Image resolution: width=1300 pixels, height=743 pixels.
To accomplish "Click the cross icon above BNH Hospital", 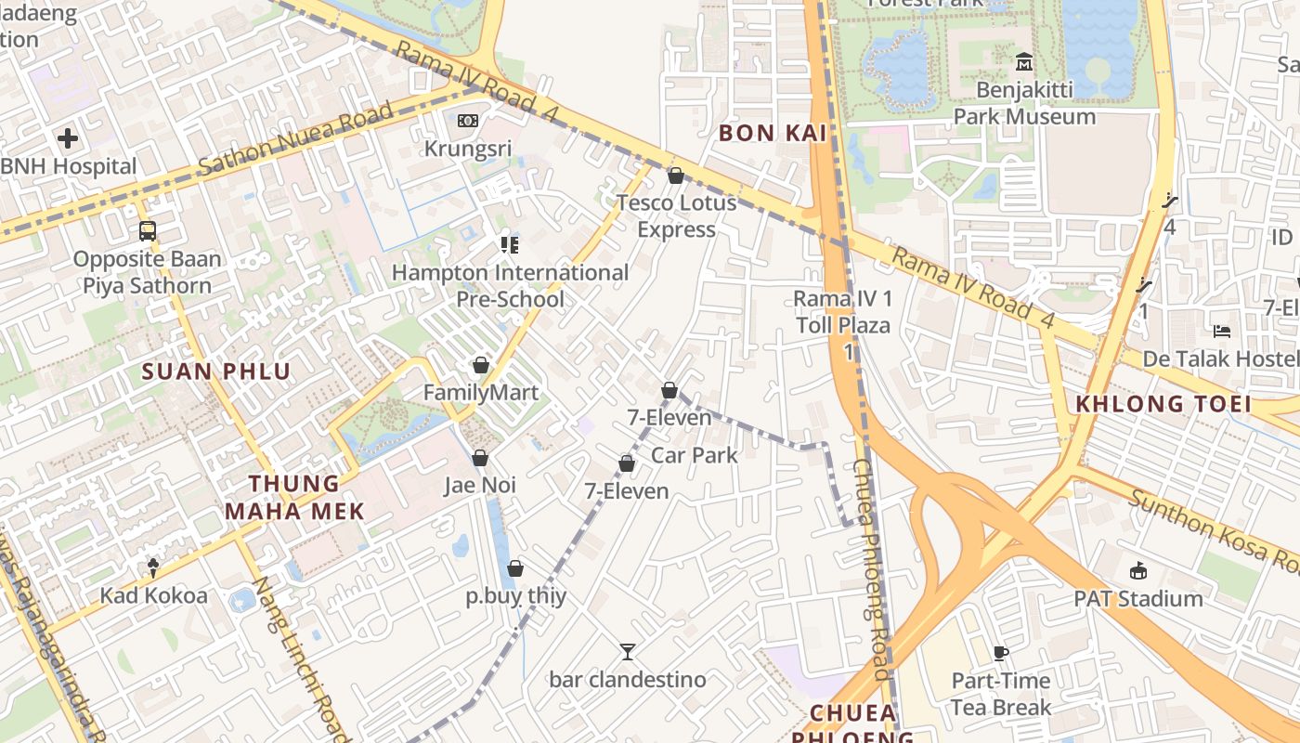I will click(67, 139).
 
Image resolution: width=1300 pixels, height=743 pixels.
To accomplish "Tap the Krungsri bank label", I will click(468, 149).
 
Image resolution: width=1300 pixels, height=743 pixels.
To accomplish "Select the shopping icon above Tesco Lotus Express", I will click(676, 176).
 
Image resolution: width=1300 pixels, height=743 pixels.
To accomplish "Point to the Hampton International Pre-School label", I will click(510, 285).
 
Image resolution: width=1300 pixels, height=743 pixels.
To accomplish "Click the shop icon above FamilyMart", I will click(480, 365).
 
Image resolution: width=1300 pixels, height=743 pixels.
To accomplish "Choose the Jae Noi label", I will click(480, 485).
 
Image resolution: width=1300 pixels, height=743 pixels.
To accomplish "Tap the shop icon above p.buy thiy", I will click(515, 568).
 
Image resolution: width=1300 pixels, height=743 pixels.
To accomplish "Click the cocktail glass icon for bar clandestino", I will click(628, 652).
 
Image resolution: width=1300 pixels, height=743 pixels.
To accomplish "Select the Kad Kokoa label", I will click(154, 595).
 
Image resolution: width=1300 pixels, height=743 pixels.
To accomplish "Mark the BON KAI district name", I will click(760, 133).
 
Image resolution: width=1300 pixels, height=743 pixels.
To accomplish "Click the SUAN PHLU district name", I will click(215, 371).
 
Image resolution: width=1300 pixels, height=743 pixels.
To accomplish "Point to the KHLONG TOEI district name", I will click(1163, 404).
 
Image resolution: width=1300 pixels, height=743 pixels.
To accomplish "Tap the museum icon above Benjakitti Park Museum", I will click(1024, 62).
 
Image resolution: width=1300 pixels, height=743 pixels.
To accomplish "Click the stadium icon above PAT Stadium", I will click(1138, 570).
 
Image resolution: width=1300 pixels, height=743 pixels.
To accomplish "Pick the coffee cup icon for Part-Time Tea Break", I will click(1001, 653).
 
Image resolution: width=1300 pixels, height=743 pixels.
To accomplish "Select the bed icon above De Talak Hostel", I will click(1222, 332).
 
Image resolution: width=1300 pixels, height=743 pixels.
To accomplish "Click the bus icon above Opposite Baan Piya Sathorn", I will click(147, 230).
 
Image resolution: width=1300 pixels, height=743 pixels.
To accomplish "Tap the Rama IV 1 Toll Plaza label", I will click(842, 312).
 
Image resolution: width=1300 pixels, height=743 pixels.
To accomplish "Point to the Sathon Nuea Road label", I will click(295, 139).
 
